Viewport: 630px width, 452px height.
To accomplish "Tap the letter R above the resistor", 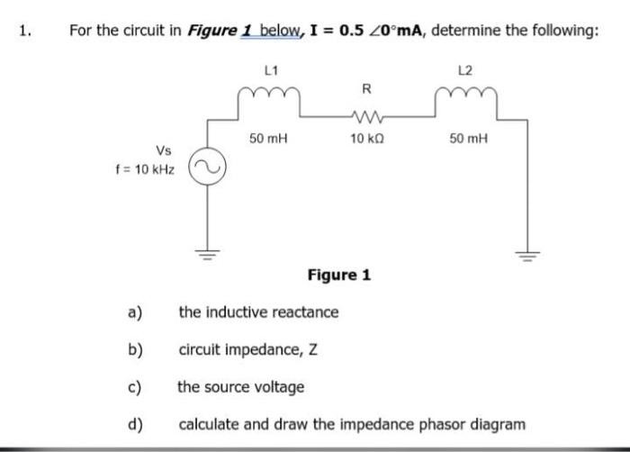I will point(365,88).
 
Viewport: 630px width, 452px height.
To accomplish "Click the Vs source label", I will point(164,150).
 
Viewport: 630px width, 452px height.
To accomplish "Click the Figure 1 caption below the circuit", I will point(338,275).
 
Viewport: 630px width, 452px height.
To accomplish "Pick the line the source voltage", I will point(240,387).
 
